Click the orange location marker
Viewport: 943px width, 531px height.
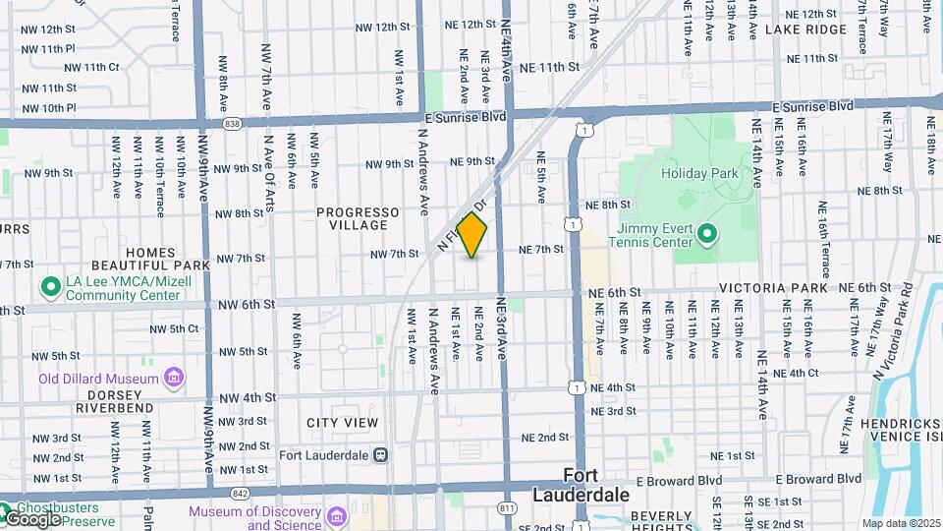pyautogui.click(x=472, y=235)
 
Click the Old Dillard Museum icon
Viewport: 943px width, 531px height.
pyautogui.click(x=174, y=378)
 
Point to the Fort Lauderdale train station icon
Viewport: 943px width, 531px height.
pyautogui.click(x=380, y=454)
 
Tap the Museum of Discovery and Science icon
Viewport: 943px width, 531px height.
pyautogui.click(x=337, y=515)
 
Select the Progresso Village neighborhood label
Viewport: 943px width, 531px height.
pyautogui.click(x=358, y=218)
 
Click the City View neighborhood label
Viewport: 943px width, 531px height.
pyautogui.click(x=342, y=423)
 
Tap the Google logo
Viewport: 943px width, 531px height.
pyautogui.click(x=31, y=518)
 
